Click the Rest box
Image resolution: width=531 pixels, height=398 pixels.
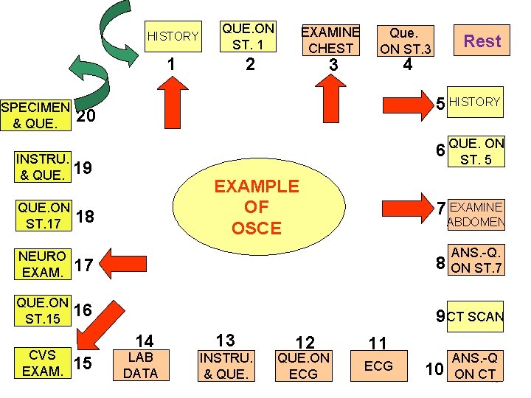tap(482, 41)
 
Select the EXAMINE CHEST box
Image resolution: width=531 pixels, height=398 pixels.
tap(330, 41)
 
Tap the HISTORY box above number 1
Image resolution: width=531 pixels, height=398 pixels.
tap(173, 36)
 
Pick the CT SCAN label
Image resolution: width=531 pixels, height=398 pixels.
tap(476, 317)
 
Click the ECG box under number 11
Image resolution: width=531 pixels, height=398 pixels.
tap(378, 366)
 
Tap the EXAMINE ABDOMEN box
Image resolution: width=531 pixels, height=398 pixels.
tap(476, 214)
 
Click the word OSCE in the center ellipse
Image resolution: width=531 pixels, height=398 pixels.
tap(257, 228)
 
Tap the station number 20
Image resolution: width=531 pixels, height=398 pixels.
tap(86, 117)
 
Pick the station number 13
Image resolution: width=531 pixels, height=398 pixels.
tap(225, 340)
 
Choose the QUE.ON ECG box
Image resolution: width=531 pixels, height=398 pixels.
tap(303, 366)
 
